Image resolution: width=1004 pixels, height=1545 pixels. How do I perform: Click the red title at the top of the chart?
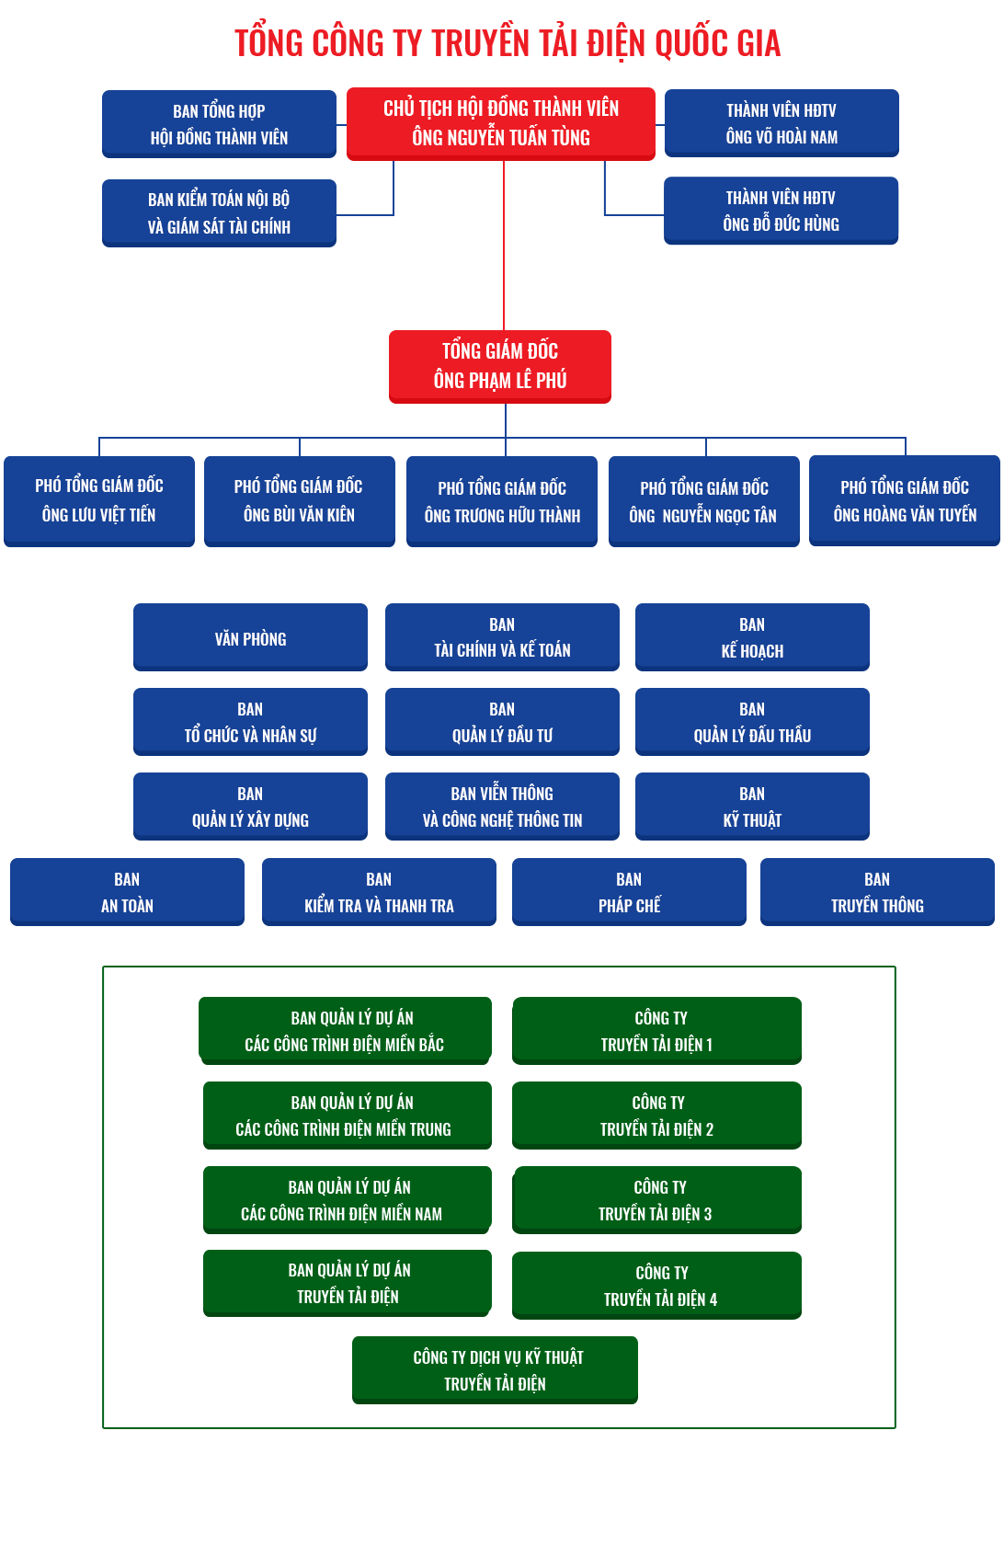tap(508, 42)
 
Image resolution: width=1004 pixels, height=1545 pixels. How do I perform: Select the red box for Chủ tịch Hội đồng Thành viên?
tap(500, 124)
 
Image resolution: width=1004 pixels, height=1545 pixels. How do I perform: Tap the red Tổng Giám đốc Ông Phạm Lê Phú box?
tap(500, 366)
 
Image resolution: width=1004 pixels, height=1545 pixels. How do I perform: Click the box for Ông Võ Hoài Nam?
tap(782, 123)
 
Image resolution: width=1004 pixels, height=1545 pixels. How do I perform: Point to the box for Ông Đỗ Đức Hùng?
tap(781, 211)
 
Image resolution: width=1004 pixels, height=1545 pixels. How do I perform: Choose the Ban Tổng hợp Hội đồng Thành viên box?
tap(219, 124)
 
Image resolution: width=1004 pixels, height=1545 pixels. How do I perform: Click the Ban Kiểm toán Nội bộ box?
tap(219, 213)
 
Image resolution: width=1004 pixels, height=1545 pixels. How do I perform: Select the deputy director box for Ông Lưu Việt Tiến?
tap(99, 501)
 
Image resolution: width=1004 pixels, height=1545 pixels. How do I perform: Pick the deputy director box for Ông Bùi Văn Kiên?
tap(300, 501)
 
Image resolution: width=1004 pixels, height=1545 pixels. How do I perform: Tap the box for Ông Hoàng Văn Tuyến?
tap(905, 500)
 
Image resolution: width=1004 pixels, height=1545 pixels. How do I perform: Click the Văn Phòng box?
tap(250, 637)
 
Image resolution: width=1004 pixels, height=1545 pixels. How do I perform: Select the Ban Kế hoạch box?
tap(752, 637)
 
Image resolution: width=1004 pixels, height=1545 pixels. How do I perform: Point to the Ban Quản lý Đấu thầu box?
tap(752, 722)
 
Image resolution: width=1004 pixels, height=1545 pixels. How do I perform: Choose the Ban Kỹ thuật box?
tap(752, 807)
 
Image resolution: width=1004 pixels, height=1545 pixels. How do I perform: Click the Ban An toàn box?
tap(128, 892)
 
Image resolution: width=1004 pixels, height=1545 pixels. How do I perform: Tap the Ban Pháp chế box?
tap(629, 892)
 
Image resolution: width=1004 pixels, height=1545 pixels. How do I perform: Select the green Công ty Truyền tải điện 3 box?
tap(657, 1200)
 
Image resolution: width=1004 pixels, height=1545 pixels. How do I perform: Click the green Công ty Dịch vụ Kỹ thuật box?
tap(495, 1370)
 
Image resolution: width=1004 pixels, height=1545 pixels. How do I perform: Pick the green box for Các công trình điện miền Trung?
tap(348, 1116)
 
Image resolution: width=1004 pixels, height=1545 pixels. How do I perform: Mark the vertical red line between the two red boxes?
tap(504, 246)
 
